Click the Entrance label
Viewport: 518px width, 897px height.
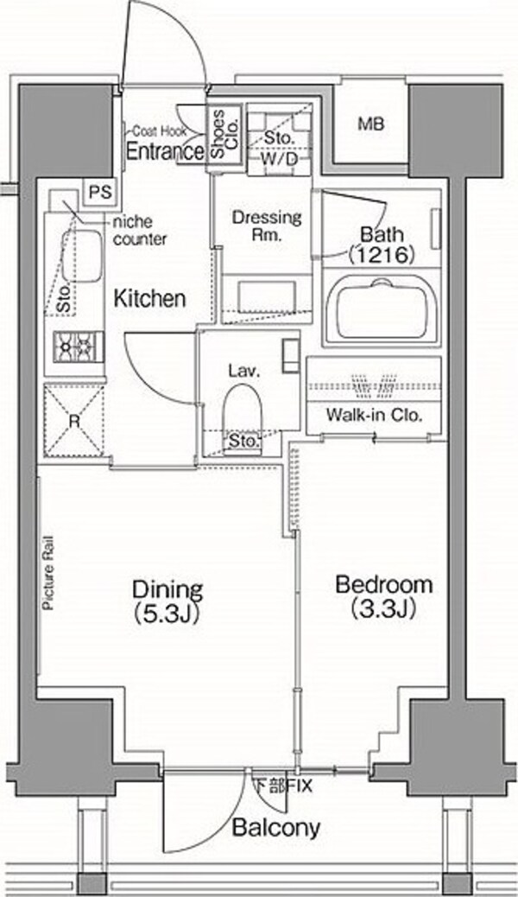(x=165, y=151)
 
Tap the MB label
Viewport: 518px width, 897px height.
(x=371, y=124)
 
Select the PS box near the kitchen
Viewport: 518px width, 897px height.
(x=101, y=192)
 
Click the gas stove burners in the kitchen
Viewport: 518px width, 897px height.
(x=79, y=347)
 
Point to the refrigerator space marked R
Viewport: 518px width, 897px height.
(x=74, y=421)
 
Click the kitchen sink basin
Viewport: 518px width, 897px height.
(x=82, y=256)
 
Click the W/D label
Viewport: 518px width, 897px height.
(x=280, y=160)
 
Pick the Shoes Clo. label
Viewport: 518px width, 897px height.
(x=224, y=135)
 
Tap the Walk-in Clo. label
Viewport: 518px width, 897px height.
(x=374, y=415)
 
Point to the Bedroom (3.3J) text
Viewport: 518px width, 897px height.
(x=383, y=596)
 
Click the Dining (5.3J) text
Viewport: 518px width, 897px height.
(x=167, y=601)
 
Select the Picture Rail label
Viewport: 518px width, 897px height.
(x=48, y=572)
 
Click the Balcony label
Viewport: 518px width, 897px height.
(x=276, y=827)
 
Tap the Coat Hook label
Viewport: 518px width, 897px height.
(x=160, y=131)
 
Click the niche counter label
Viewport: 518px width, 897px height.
(x=141, y=231)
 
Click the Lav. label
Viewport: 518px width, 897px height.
(x=244, y=370)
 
